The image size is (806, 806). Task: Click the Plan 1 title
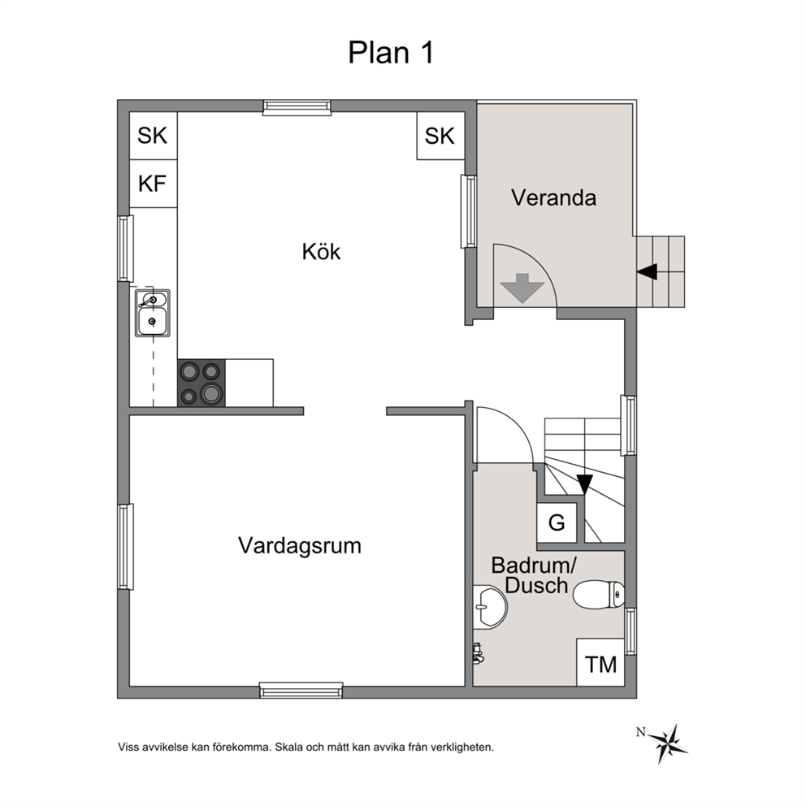[391, 53]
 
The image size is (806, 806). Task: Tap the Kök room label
[321, 252]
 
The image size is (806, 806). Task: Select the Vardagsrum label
[300, 546]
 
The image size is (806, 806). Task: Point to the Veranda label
[553, 198]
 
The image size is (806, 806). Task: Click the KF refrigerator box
[154, 184]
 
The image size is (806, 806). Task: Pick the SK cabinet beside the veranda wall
[440, 136]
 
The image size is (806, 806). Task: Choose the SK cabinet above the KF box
[154, 136]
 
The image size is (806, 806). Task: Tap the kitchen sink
[153, 313]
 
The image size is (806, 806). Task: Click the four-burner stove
[201, 383]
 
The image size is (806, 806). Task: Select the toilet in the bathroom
[599, 594]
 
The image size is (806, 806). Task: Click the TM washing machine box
[600, 662]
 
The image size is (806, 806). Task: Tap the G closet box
[557, 522]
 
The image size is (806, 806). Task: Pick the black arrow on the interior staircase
[585, 484]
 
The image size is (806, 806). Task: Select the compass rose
[667, 743]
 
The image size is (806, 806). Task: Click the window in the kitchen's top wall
[297, 107]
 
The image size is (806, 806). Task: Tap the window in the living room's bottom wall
[301, 691]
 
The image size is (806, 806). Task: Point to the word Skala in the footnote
[289, 747]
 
